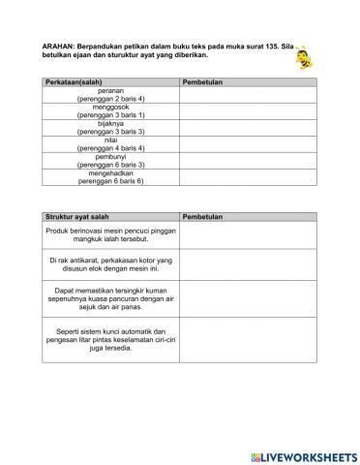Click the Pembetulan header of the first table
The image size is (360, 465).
202,82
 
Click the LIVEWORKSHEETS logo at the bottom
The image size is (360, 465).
303,455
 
